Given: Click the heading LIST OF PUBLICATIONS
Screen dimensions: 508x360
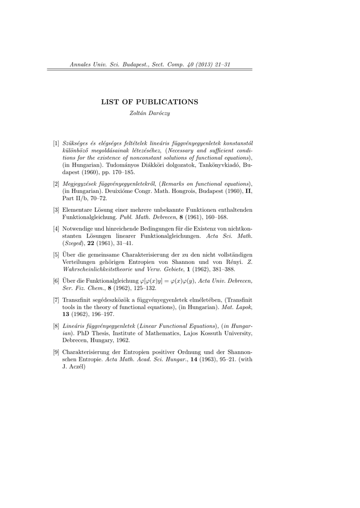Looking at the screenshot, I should [x=149, y=102].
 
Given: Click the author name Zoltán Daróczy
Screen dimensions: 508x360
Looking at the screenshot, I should [x=149, y=114].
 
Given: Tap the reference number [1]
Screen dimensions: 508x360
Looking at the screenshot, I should [x=57, y=143].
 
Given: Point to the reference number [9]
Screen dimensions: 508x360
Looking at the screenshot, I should [x=57, y=353].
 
